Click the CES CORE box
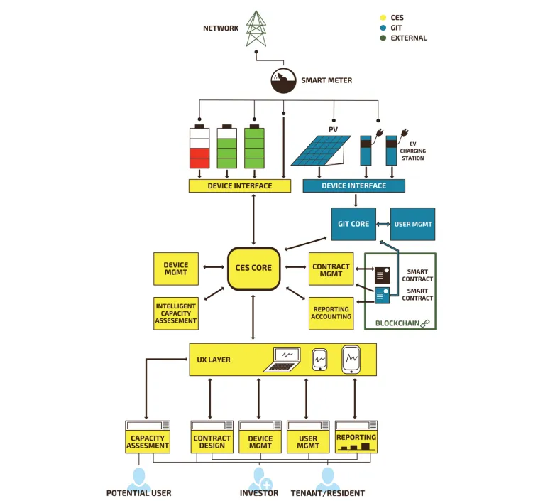tap(253, 268)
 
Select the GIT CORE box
tap(353, 224)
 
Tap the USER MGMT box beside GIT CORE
tap(412, 224)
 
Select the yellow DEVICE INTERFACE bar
tap(239, 186)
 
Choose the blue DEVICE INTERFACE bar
tap(353, 186)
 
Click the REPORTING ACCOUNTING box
tap(331, 313)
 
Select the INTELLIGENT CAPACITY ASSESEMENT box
tap(175, 313)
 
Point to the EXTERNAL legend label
tap(409, 38)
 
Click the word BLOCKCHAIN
tap(396, 323)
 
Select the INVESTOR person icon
tap(259, 478)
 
